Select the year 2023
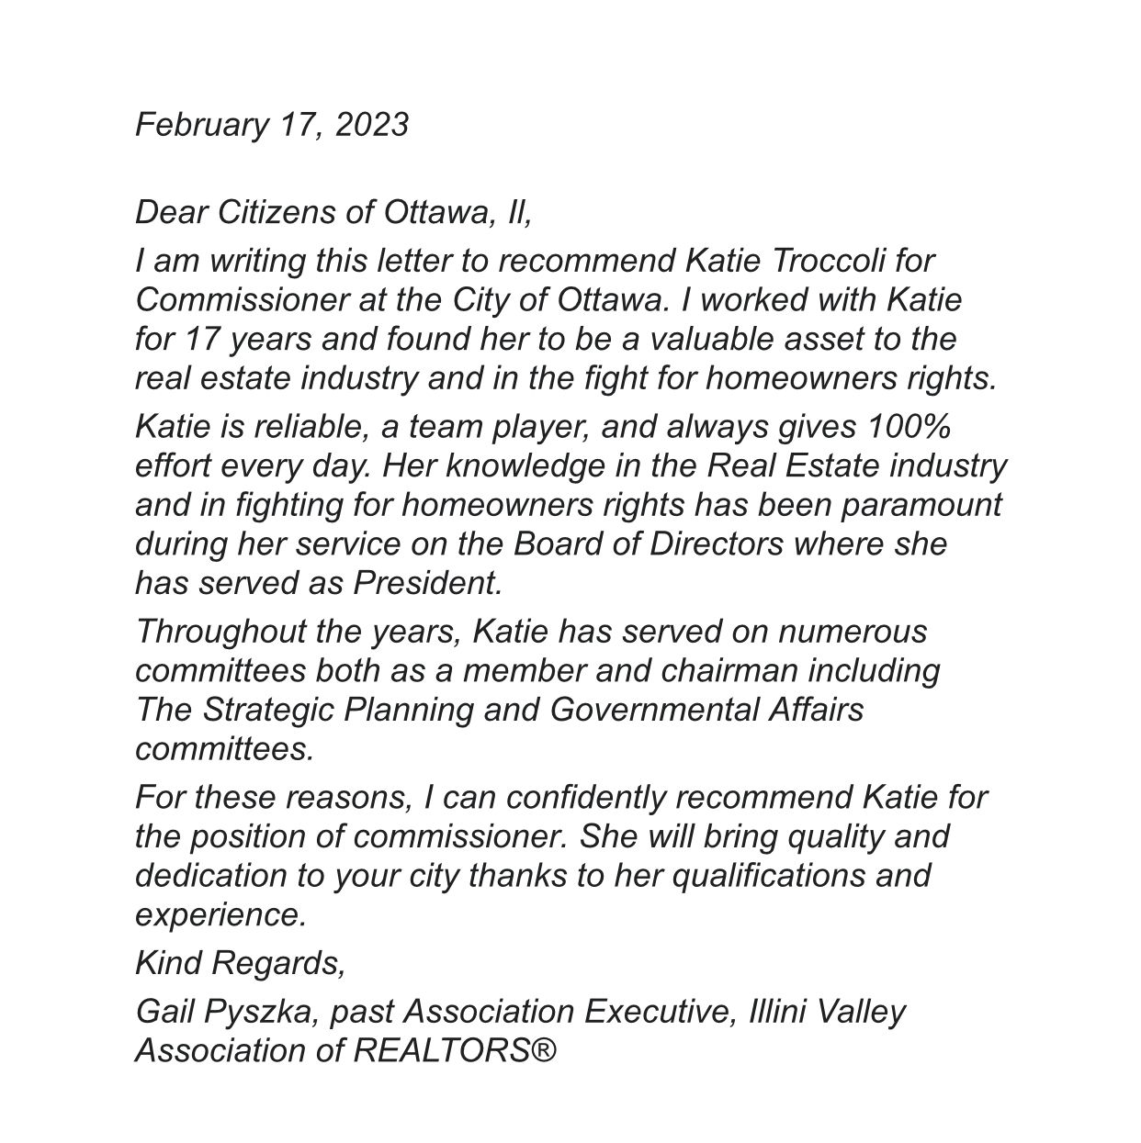[x=371, y=124]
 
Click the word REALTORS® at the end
[x=456, y=1050]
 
